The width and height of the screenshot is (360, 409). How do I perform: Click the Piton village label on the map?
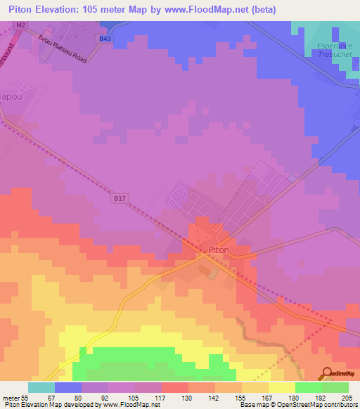[218, 249]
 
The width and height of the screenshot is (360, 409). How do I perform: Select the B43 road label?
[105, 39]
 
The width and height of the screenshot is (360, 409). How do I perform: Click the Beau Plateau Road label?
[63, 48]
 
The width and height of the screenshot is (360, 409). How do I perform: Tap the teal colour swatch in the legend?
[41, 387]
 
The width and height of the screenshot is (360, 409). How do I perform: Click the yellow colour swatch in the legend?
[281, 387]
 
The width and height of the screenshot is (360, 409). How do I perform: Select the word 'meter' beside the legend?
[11, 397]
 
